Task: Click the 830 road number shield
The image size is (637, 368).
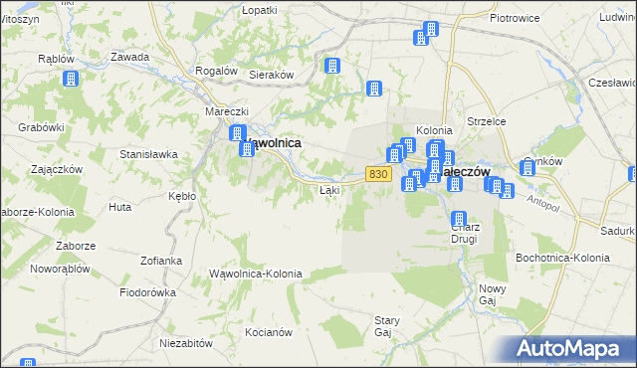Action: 376,174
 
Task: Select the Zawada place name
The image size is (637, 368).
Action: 130,57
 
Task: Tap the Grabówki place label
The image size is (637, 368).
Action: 41,127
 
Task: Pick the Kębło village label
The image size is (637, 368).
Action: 182,196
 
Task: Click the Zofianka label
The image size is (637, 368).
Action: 161,261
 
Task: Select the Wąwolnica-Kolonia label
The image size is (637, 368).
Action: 255,273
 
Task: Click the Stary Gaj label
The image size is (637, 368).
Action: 386,326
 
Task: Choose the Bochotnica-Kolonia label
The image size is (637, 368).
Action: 562,258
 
